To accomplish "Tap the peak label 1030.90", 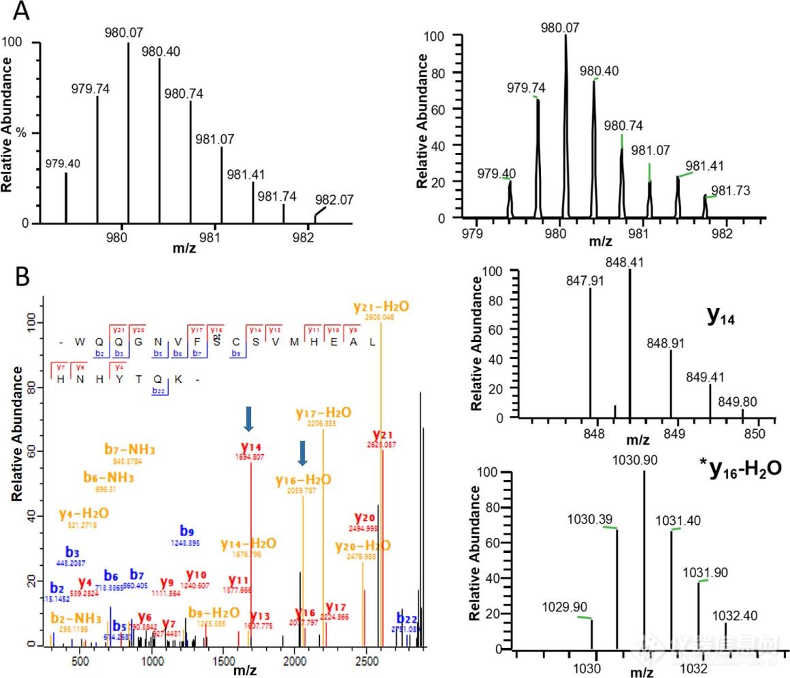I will [644, 460].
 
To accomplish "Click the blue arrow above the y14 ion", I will [250, 418].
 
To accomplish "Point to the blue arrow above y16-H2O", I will [301, 453].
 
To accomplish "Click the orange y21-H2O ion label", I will [381, 307].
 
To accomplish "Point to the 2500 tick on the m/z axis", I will [366, 660].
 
